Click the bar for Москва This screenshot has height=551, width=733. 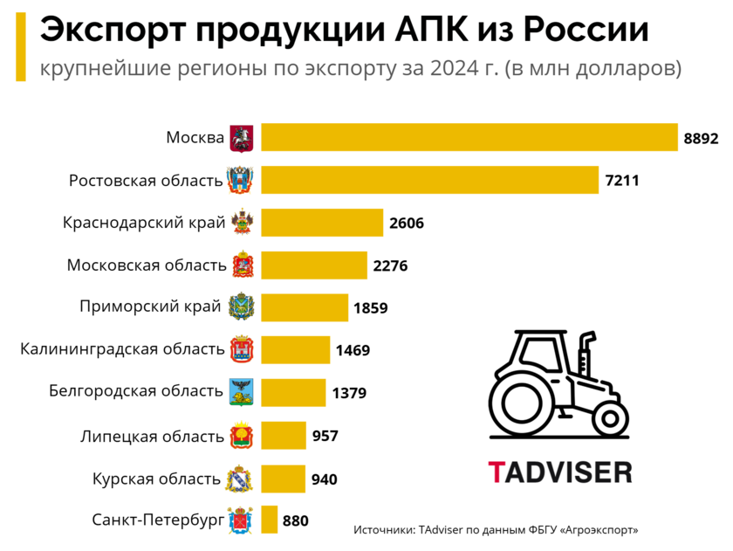469,137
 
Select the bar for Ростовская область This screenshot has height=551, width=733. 430,180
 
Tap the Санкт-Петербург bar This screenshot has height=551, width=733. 270,520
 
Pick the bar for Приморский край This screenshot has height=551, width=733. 305,307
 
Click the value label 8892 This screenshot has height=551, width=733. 701,138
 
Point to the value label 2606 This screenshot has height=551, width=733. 407,223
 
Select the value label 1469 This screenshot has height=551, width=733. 353,350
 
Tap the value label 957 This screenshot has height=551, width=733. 325,436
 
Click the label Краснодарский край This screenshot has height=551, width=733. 144,223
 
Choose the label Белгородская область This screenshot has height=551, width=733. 136,391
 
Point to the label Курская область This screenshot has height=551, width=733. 156,479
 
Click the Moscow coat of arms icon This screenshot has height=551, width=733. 241,138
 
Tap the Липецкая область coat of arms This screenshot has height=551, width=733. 241,436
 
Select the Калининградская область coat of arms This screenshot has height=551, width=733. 241,350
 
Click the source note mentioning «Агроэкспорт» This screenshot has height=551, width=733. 496,530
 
